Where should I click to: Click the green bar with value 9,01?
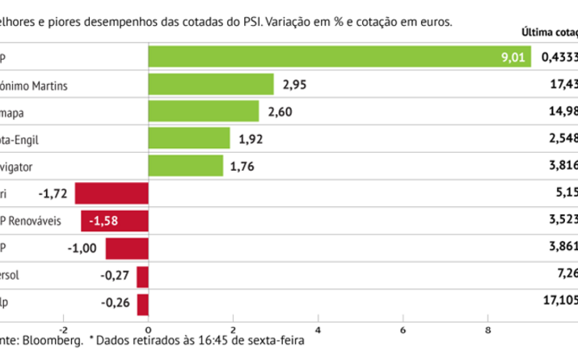click(x=340, y=57)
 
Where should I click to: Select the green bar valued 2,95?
click(x=212, y=84)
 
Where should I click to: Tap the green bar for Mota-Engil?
click(x=189, y=139)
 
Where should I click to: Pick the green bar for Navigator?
click(x=186, y=166)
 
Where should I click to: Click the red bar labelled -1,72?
click(x=112, y=193)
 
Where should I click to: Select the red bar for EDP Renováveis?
click(x=115, y=221)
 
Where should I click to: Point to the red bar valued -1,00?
click(x=127, y=248)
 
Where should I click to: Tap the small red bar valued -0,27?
click(x=143, y=276)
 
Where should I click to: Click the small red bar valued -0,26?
click(x=143, y=303)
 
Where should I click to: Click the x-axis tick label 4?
click(x=319, y=329)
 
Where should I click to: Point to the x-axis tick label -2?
click(x=62, y=329)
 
